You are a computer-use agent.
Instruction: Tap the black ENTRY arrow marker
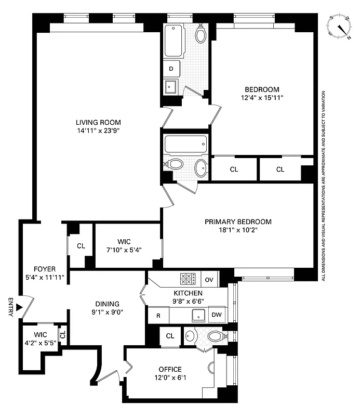click(19, 307)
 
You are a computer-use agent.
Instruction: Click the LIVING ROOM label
click(98, 123)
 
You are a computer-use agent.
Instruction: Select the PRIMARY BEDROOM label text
click(238, 222)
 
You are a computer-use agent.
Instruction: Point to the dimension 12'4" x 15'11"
click(262, 97)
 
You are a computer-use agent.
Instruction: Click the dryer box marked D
click(171, 68)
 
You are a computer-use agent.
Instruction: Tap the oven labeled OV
click(209, 279)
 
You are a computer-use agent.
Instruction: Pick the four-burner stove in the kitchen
click(188, 279)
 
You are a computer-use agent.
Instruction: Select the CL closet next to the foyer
click(81, 245)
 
